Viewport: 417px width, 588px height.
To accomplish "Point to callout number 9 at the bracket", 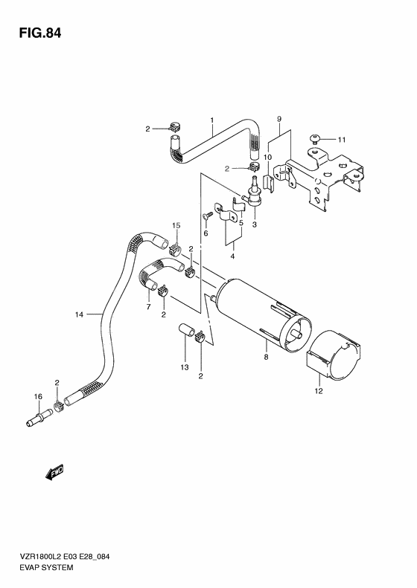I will (278, 119).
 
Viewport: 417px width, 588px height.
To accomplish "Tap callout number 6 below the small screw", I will (206, 233).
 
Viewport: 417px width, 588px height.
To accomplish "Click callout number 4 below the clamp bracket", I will (232, 257).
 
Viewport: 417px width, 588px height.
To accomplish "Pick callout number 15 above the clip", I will (176, 225).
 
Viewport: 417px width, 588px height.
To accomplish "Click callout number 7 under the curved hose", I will (148, 307).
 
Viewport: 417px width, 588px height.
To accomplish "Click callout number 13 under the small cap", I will (184, 367).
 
